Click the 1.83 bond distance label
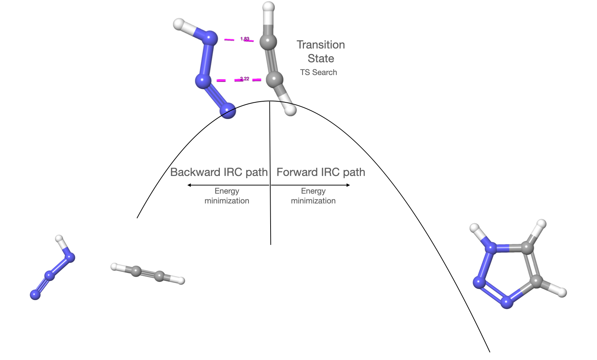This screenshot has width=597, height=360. tap(245, 39)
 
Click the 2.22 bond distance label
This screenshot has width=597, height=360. tap(245, 79)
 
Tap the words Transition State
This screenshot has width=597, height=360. tap(321, 52)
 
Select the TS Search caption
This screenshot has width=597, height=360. tap(318, 72)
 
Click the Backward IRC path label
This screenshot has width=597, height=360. tap(219, 172)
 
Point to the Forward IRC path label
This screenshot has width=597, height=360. tap(321, 172)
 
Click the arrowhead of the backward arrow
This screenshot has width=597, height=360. tap(189, 185)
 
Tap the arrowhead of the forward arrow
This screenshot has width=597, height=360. tap(348, 185)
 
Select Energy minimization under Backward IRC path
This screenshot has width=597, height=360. tap(227, 196)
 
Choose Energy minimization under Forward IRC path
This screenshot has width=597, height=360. tap(313, 196)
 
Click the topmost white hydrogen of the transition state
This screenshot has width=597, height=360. tap(268, 7)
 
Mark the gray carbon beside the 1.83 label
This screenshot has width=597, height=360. tap(268, 42)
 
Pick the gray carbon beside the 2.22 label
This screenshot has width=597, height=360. tap(274, 79)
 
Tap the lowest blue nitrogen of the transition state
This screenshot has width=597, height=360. tap(228, 111)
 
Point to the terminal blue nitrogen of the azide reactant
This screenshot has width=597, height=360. tap(35, 295)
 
